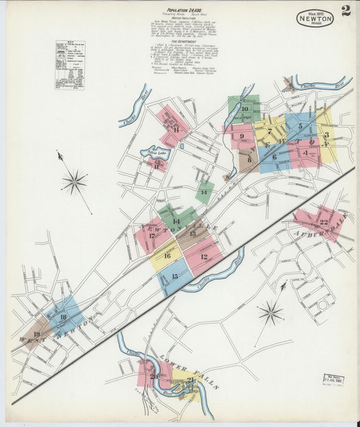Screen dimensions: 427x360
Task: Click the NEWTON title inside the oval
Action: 314,19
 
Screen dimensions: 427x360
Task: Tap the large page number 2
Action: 345,10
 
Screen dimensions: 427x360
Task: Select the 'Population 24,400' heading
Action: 180,11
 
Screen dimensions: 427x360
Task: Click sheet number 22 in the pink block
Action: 324,222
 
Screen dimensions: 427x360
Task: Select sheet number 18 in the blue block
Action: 63,316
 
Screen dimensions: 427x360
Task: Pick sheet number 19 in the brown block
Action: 36,334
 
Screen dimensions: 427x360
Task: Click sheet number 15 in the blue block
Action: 175,277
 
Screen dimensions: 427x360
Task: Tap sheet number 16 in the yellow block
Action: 167,255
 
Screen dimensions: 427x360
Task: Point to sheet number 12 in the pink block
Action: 203,257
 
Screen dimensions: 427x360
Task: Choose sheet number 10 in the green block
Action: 245,108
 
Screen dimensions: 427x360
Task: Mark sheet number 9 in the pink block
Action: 241,136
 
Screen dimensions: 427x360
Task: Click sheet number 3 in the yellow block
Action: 326,135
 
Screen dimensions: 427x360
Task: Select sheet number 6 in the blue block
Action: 274,157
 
